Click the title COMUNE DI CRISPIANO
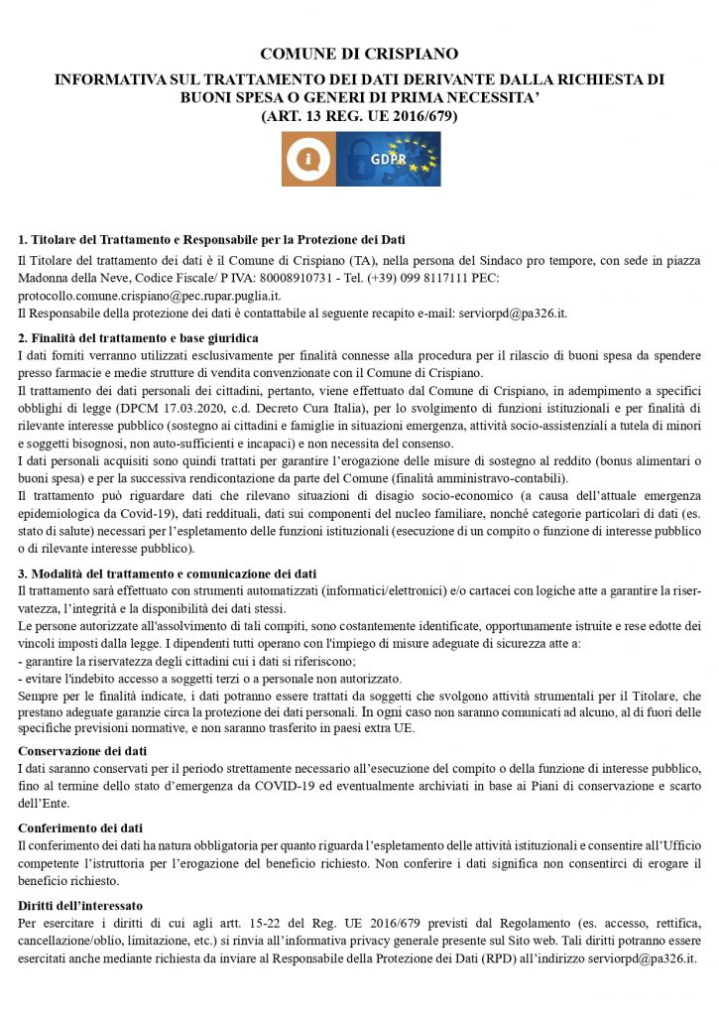click(359, 54)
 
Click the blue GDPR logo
click(388, 159)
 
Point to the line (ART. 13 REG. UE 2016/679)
click(359, 116)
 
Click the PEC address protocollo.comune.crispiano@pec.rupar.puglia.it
click(150, 296)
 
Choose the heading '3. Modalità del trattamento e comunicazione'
click(168, 573)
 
